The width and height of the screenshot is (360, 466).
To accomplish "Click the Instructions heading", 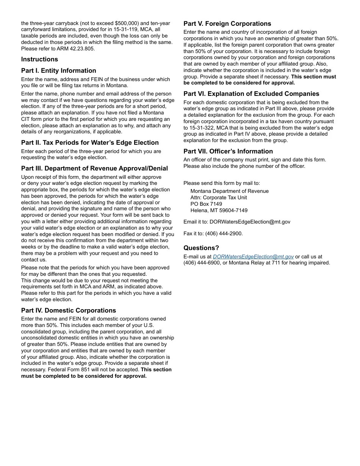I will tap(39, 59).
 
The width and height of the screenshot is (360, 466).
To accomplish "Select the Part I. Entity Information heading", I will tap(58, 70).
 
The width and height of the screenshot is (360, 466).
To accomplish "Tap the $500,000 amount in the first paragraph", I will tap(127, 23).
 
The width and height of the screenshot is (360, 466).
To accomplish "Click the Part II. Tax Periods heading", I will tap(90, 142).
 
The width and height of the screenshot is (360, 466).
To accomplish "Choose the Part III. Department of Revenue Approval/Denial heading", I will tap(94, 168).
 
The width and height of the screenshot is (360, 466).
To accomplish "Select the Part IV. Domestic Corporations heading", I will tap(68, 310).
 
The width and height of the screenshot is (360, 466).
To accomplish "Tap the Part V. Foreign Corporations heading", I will tap(227, 23).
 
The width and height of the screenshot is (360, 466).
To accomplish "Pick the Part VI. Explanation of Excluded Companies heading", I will tap(251, 94).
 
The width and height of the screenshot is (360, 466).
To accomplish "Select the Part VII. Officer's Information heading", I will tap(228, 151).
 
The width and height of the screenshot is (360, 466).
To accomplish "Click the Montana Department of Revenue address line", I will tap(229, 191).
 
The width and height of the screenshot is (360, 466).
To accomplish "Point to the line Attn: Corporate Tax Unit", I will tap(219, 197).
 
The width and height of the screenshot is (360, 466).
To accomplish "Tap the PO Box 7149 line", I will tap(206, 204).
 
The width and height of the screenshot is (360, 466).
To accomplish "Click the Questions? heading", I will tap(201, 248).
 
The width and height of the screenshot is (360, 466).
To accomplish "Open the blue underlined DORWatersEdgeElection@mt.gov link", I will tap(253, 256).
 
